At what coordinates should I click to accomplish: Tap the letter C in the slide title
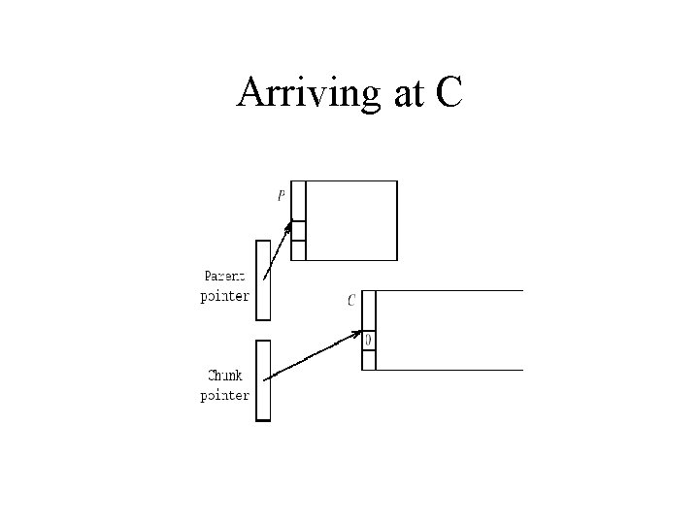coord(447,93)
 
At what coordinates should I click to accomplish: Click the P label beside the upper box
coord(282,195)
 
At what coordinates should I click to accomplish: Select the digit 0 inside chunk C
coord(369,341)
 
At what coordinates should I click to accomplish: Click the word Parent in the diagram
coord(225,277)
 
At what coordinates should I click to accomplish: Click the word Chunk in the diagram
coord(225,376)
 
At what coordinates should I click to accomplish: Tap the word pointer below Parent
coord(224,296)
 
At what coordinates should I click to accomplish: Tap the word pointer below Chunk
coord(224,395)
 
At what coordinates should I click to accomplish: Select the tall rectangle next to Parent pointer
coord(263,279)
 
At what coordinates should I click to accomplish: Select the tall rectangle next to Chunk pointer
coord(263,379)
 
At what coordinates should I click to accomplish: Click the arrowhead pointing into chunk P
coord(288,229)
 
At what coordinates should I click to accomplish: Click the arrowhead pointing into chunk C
coord(358,334)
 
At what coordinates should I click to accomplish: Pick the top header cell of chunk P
coord(298,201)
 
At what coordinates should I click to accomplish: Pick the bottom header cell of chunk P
coord(298,250)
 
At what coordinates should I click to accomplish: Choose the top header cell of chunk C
coord(369,311)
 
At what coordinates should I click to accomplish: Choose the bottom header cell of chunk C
coord(369,360)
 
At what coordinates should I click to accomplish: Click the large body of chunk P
coord(351,220)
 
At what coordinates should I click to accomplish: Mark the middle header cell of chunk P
coord(298,231)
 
